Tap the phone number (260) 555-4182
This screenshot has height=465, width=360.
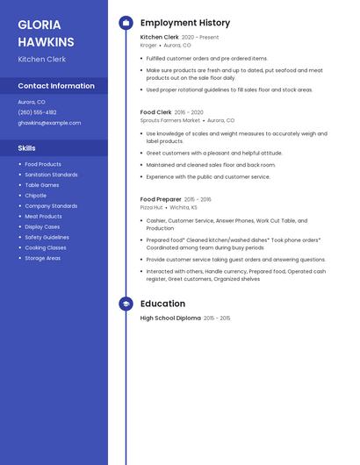(x=37, y=112)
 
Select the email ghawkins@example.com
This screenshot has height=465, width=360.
(x=49, y=123)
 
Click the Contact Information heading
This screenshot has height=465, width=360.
(x=56, y=86)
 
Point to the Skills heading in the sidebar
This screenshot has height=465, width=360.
(x=27, y=148)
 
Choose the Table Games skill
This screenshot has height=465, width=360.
(x=42, y=185)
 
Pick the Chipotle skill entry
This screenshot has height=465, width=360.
(x=36, y=196)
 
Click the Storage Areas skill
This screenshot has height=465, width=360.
(x=43, y=258)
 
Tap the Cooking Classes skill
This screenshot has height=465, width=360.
(x=46, y=247)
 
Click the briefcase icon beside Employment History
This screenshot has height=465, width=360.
(x=126, y=23)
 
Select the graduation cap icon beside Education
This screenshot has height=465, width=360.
(x=126, y=304)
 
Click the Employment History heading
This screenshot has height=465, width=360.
(x=184, y=23)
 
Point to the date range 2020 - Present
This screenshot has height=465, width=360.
(x=200, y=38)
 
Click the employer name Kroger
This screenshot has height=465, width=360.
(x=148, y=45)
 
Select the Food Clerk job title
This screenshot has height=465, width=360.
(x=155, y=112)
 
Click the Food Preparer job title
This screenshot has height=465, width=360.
(x=161, y=199)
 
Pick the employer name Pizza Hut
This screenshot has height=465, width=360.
(x=152, y=207)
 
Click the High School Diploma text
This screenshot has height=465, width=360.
(x=170, y=318)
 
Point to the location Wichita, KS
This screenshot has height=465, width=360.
(x=184, y=207)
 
